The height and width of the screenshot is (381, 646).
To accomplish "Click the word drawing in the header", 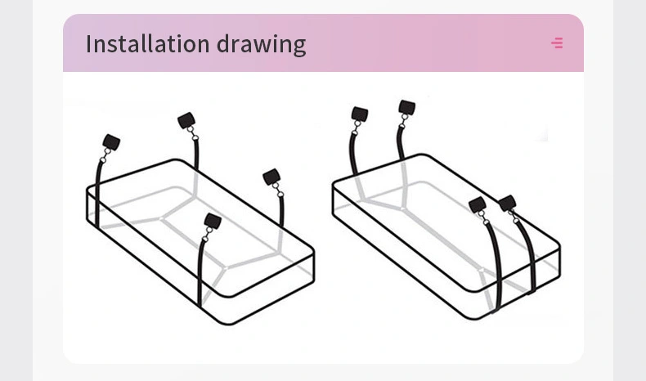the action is tap(261, 45).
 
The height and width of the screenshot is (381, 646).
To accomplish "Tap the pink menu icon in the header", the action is tap(557, 43).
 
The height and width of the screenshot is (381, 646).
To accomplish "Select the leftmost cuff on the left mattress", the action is tap(111, 142).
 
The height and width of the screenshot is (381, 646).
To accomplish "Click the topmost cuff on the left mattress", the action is tap(186, 120).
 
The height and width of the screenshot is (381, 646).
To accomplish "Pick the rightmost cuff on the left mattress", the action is tap(271, 177).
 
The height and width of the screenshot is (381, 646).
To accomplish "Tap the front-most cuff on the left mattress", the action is tap(213, 222).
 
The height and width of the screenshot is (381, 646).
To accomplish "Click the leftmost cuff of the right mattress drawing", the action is tap(360, 114).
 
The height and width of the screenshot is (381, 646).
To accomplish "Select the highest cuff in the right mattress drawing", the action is tap(407, 107).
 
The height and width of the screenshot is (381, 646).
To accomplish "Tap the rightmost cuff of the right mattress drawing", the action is tap(507, 203).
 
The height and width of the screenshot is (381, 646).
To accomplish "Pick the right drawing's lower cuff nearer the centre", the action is tap(478, 204).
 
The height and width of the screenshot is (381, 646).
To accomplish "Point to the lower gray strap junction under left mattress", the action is tap(224, 267).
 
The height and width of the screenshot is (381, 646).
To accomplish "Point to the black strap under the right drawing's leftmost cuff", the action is tap(352, 152).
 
